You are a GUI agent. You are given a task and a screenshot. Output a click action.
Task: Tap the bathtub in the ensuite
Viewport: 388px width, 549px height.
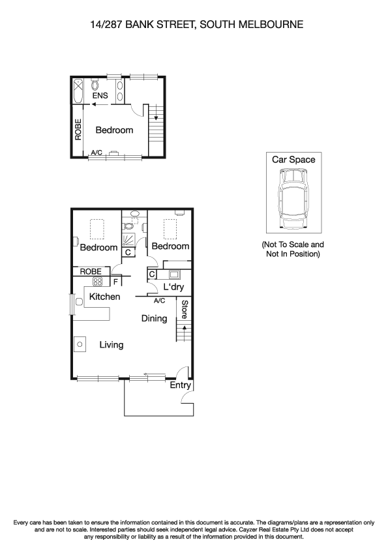(x=78, y=91)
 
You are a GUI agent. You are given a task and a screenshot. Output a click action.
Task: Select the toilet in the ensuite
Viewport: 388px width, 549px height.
(x=96, y=85)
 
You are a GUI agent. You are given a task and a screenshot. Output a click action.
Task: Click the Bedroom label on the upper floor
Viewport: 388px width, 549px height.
(x=114, y=130)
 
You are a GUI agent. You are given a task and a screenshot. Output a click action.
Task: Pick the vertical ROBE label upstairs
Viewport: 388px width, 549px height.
(x=78, y=130)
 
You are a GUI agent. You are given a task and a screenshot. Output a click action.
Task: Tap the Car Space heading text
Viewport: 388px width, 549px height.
(x=293, y=160)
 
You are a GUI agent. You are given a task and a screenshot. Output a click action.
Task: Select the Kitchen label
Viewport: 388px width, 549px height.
(x=104, y=297)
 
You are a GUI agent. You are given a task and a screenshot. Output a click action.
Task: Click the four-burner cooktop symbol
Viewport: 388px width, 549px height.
(x=98, y=282)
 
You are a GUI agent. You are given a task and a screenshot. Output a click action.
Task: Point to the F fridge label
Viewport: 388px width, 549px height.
(x=115, y=282)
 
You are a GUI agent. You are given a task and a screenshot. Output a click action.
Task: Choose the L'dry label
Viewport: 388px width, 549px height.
(x=174, y=288)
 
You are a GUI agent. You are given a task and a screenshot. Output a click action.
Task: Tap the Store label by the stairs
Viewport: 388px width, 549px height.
(x=185, y=309)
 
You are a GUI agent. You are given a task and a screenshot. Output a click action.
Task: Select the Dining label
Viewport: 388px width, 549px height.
(x=155, y=319)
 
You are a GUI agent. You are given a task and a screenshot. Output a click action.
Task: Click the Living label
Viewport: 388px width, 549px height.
(x=112, y=344)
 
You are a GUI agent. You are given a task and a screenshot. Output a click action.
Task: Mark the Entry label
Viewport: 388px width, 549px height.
(x=180, y=385)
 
